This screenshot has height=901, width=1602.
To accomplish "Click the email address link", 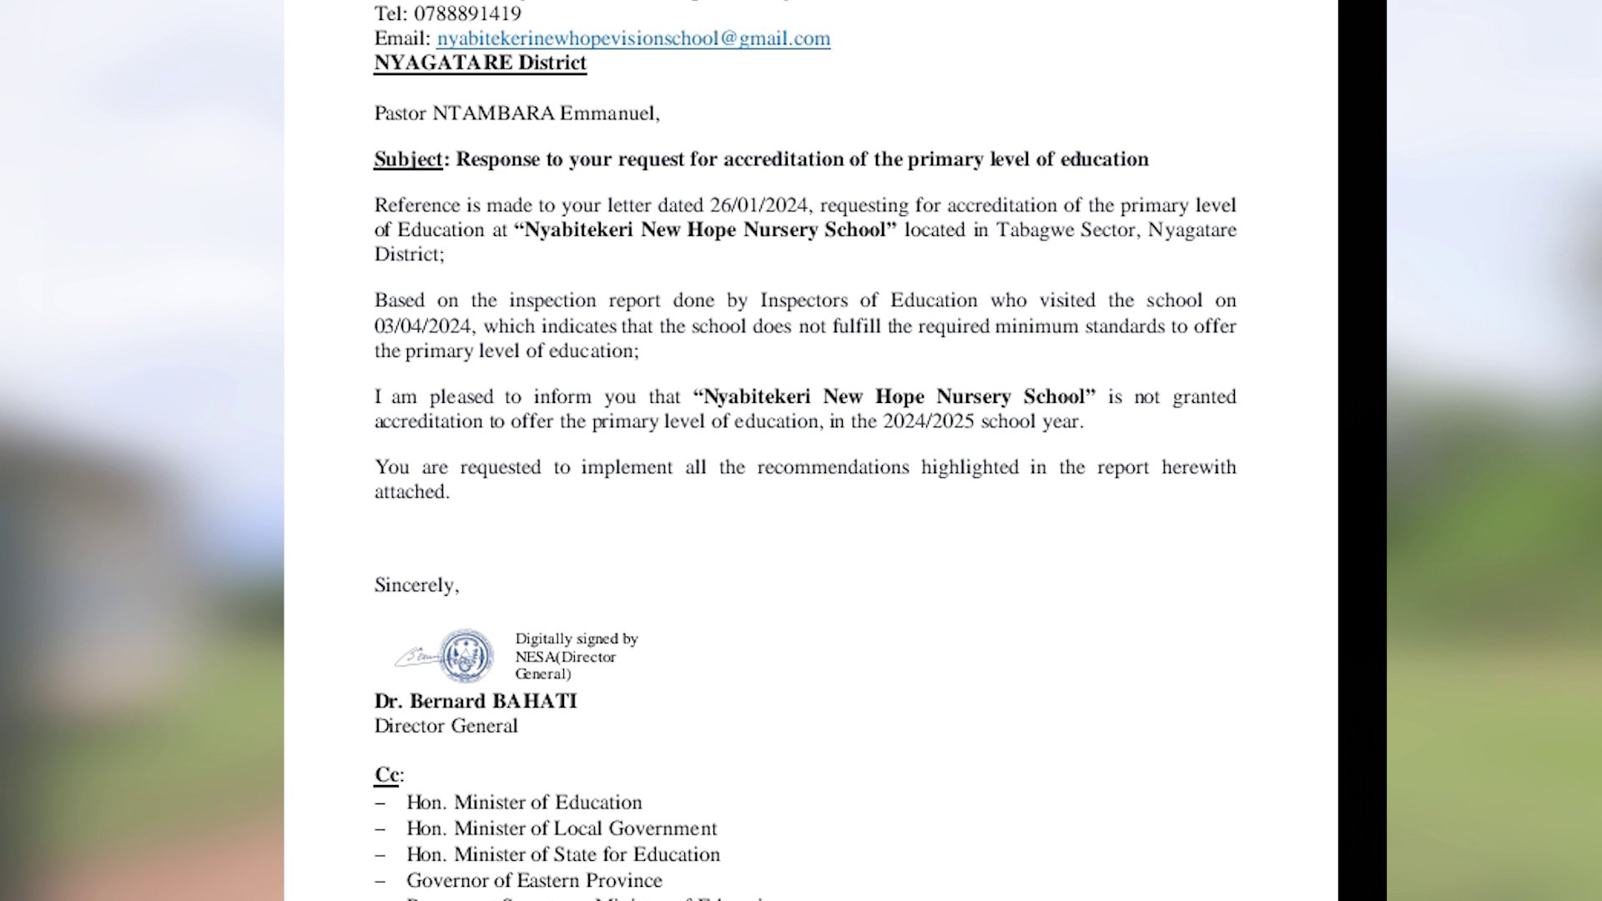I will coord(633,38).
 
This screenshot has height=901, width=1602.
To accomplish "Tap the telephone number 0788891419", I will coord(467,13).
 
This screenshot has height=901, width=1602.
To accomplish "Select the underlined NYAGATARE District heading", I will coord(480,63).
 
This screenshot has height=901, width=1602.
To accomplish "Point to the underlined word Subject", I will coord(408,159).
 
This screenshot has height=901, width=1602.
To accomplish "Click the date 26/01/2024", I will coord(758,205).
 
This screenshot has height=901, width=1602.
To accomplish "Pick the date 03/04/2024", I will coord(423,326).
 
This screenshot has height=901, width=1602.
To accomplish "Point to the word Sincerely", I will coord(416,586).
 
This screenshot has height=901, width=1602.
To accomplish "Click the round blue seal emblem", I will coord(466,656).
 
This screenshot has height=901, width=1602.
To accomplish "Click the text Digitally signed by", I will coord(576,639).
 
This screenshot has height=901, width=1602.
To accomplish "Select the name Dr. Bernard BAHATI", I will coord(476,702).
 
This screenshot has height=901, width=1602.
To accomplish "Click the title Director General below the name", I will coord(446,727).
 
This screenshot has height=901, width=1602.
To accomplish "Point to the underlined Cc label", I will coord(387,775).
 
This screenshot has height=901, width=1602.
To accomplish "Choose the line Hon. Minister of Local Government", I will coord(562,828).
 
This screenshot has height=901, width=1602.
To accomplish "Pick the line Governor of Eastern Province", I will coord(534,881).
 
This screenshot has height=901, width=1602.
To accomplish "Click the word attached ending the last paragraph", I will coord(411,492).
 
